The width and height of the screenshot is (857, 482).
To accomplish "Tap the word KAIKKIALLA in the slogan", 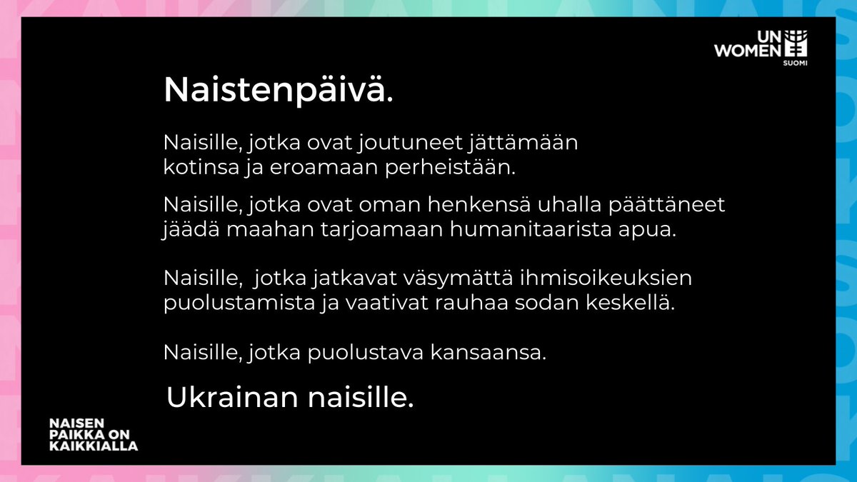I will tap(94, 446).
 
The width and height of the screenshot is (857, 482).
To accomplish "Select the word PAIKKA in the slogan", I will tap(74, 434).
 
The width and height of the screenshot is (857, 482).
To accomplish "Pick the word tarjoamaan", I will tap(356, 233).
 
